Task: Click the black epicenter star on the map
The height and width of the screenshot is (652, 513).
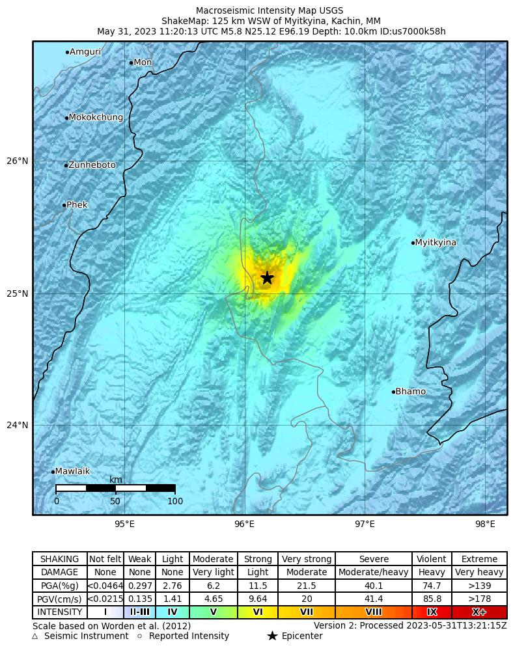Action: (267, 278)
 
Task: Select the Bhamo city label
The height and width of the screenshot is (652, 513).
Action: (410, 392)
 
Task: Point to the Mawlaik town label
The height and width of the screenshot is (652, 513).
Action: (72, 472)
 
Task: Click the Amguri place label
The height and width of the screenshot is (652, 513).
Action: (85, 52)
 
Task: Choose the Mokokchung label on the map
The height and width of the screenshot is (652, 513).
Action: (95, 118)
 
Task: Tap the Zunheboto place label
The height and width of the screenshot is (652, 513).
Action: (92, 165)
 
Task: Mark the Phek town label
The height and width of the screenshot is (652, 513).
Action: (77, 205)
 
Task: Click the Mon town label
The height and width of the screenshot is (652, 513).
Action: (143, 62)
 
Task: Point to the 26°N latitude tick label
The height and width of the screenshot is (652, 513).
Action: (18, 161)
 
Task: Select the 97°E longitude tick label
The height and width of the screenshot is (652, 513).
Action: (365, 524)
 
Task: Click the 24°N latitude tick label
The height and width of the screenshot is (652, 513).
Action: (18, 426)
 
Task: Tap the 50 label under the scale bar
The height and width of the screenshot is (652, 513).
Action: (115, 501)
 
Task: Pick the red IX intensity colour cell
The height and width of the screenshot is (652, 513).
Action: (432, 612)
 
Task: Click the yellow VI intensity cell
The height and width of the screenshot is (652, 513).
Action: (258, 612)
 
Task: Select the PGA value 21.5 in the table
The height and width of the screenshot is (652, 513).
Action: (307, 586)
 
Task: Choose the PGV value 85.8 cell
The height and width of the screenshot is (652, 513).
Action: (432, 599)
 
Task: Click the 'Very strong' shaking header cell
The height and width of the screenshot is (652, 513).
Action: (307, 559)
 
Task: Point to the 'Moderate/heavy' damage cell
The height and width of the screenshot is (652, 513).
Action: (374, 573)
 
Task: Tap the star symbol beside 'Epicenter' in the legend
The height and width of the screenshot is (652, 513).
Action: (272, 636)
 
